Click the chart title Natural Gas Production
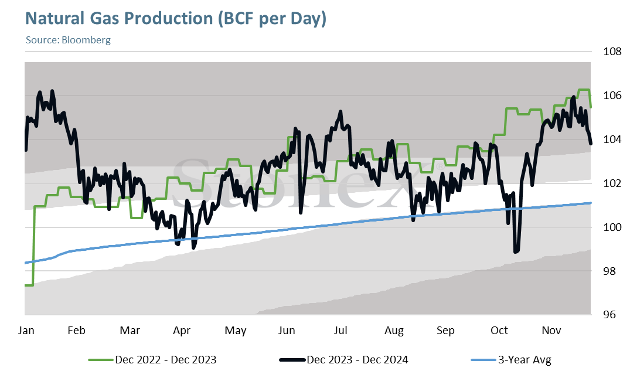point(176,19)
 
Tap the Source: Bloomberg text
point(68,40)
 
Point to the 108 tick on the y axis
point(612,52)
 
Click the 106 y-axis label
point(612,96)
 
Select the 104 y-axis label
point(612,139)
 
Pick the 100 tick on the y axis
point(612,227)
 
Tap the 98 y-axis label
point(609,271)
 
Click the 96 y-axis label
point(609,315)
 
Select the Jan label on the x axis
point(26,331)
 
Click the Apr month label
point(182,331)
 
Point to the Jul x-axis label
point(340,331)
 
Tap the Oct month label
point(499,331)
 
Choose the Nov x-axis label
point(551,331)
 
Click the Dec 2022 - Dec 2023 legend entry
point(152,359)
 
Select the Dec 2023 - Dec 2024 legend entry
point(343,359)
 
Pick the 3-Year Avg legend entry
point(510,359)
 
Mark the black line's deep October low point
point(516,251)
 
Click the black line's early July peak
point(340,111)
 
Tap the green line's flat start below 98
point(29,285)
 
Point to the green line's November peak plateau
point(583,90)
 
